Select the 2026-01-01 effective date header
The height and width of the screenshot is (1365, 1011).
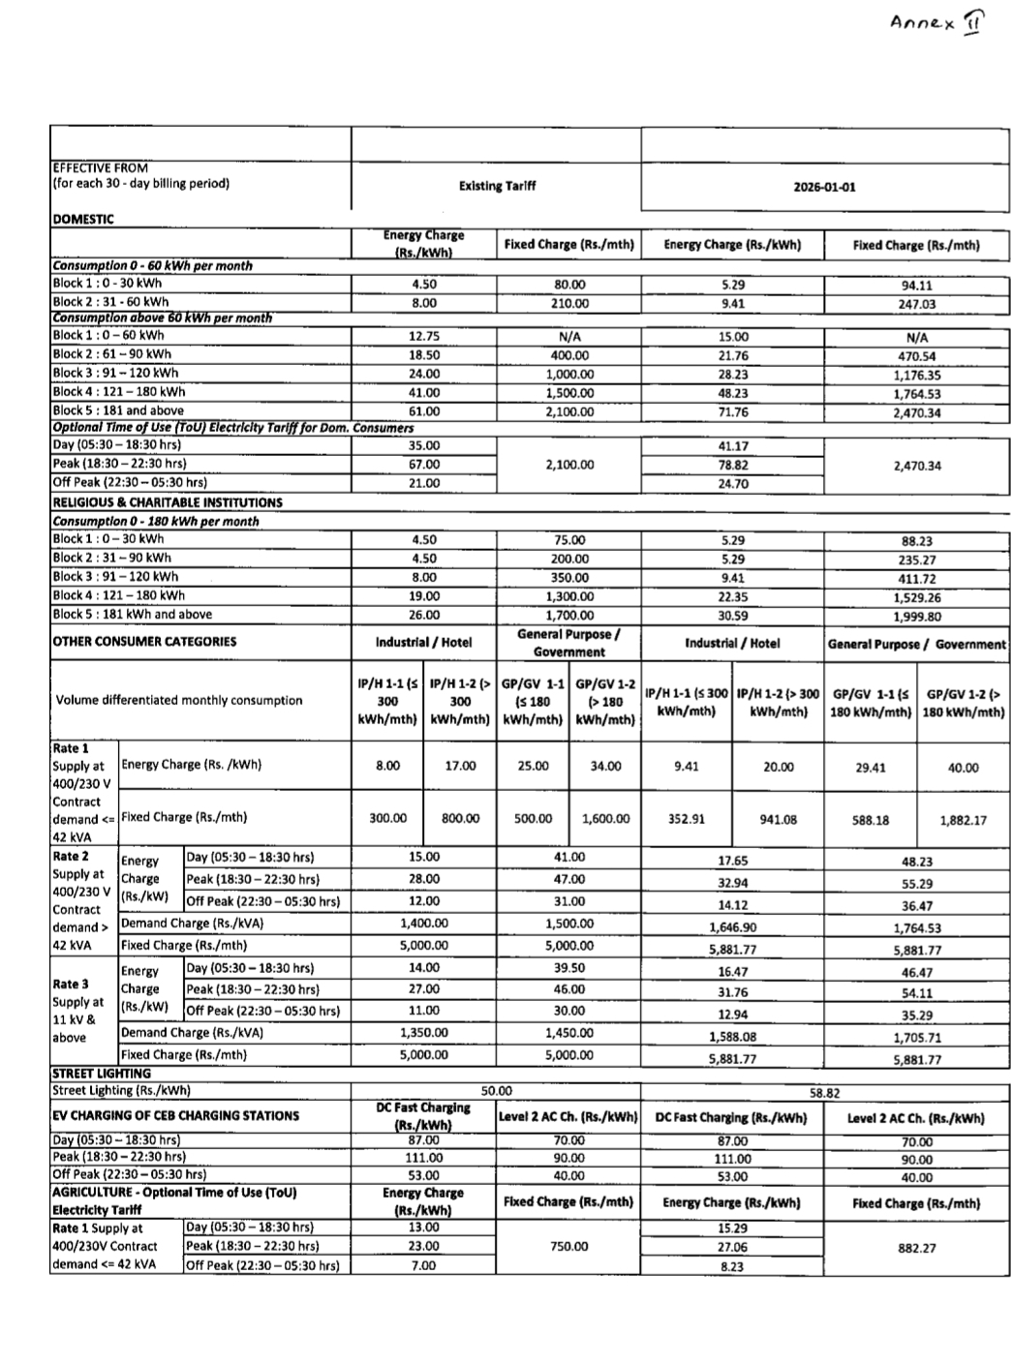pyautogui.click(x=824, y=187)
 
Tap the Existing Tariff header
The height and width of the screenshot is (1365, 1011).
pyautogui.click(x=497, y=185)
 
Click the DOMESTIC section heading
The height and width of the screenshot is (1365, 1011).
pyautogui.click(x=83, y=219)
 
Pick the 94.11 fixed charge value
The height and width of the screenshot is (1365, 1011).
pyautogui.click(x=916, y=286)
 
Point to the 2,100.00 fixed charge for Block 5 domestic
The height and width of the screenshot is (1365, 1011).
pyautogui.click(x=569, y=411)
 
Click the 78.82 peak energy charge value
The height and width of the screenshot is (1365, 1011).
pyautogui.click(x=733, y=465)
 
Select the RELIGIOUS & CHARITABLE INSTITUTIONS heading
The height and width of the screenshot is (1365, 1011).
pyautogui.click(x=168, y=502)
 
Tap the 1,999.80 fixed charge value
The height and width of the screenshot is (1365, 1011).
pyautogui.click(x=916, y=616)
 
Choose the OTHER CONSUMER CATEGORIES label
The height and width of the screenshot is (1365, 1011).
pyautogui.click(x=144, y=641)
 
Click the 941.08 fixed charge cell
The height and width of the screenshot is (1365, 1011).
pyautogui.click(x=779, y=819)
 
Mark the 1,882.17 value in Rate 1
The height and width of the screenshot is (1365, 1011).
pyautogui.click(x=963, y=820)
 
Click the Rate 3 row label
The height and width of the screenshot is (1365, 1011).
pyautogui.click(x=71, y=984)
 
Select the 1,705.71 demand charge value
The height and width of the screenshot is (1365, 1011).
pyautogui.click(x=916, y=1037)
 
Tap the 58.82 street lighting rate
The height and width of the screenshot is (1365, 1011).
pyautogui.click(x=824, y=1092)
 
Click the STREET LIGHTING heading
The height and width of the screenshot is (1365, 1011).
pyautogui.click(x=101, y=1074)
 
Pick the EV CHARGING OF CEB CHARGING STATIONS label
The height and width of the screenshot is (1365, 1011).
pyautogui.click(x=175, y=1115)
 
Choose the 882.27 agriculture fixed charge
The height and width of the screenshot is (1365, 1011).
pyautogui.click(x=916, y=1248)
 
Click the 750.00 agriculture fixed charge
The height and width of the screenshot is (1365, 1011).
pyautogui.click(x=569, y=1246)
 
